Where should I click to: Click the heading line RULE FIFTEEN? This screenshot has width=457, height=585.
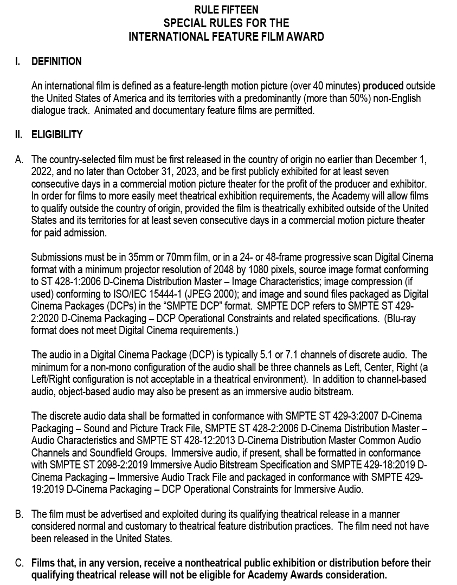click(x=226, y=10)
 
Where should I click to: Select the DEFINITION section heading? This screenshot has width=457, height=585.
click(x=56, y=61)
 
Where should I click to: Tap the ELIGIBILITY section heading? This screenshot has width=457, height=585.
click(x=57, y=134)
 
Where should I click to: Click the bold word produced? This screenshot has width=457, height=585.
click(x=383, y=86)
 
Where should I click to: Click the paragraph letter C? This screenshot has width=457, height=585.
click(x=19, y=563)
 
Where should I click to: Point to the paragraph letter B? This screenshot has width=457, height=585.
click(x=19, y=513)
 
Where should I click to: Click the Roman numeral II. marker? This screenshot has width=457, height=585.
click(x=18, y=134)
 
